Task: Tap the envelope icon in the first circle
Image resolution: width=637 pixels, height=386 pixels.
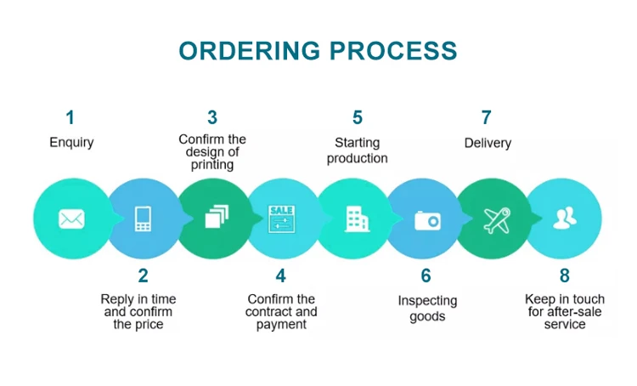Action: (71, 219)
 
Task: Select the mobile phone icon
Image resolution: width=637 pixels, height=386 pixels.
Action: (143, 219)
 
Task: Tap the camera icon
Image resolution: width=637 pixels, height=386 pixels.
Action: (427, 220)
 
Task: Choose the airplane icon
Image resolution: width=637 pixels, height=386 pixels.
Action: (497, 219)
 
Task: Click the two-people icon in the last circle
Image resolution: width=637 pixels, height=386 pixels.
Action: (564, 219)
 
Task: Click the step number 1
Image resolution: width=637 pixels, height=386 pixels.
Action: (70, 117)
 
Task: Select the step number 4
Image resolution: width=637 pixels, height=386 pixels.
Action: (281, 275)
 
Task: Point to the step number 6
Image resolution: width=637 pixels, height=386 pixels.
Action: (426, 275)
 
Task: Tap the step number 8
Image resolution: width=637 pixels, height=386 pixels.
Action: (565, 275)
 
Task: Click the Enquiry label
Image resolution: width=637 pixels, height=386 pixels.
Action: (71, 143)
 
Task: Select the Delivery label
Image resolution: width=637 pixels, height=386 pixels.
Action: (488, 143)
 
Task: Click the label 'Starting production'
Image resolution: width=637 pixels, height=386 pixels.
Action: (357, 150)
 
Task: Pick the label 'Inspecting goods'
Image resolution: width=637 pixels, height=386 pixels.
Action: (427, 309)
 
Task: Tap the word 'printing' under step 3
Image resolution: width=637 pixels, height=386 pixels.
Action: (212, 165)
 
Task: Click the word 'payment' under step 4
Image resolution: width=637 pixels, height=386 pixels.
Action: (281, 324)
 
